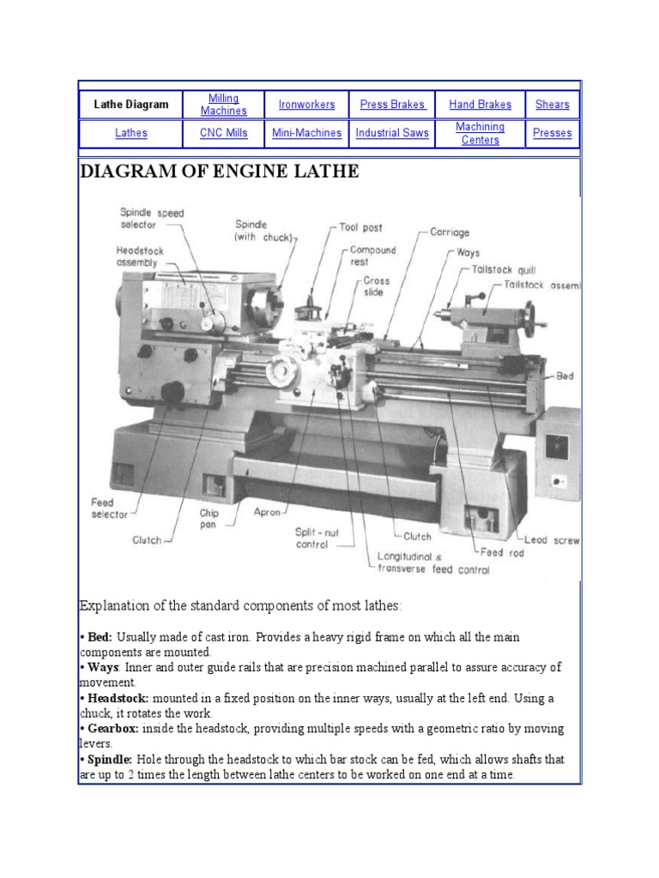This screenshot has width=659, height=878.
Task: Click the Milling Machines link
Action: coord(223,105)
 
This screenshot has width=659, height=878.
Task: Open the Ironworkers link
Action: coord(306,105)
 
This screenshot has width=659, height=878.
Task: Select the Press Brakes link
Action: coord(392,105)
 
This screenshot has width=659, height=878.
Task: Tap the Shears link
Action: coord(552,105)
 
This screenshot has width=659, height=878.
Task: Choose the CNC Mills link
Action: coord(223,134)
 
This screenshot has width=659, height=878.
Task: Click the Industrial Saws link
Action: coord(392,134)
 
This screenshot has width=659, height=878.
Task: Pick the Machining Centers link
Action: coord(480,134)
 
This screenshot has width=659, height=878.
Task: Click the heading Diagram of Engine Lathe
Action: coord(219,172)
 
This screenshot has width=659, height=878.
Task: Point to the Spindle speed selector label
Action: coord(151,219)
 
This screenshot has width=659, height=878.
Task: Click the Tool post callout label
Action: coord(361,228)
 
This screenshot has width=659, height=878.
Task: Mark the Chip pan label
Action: coord(209,519)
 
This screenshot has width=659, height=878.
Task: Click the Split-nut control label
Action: coord(317,538)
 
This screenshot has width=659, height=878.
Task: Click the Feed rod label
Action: coord(502,553)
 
